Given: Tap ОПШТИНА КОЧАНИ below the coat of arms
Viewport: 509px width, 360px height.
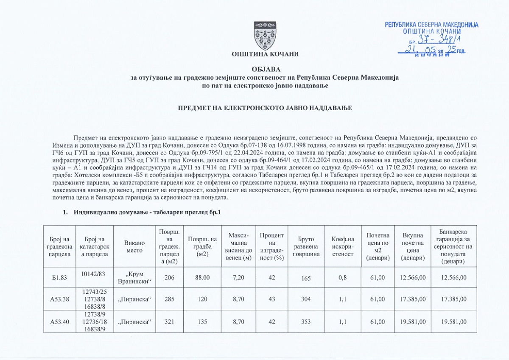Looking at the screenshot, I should coord(265,54).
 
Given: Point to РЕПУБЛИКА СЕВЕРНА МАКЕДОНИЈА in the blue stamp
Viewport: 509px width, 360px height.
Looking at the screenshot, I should coord(431,25).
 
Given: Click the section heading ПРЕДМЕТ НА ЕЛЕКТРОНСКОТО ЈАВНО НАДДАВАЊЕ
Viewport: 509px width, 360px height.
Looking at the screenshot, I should coord(265,109).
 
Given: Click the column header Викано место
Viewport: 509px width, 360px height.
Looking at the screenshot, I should coord(135,246).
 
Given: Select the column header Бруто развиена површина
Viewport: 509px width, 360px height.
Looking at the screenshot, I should coord(305,246).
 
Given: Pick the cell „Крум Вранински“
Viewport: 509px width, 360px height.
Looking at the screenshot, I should coord(134,278).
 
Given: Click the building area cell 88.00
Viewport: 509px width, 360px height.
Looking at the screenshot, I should coord(202,278).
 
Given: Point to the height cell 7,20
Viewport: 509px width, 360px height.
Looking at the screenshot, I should coord(238,278).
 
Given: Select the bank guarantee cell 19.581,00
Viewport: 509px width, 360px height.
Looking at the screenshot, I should coord(454,322).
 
